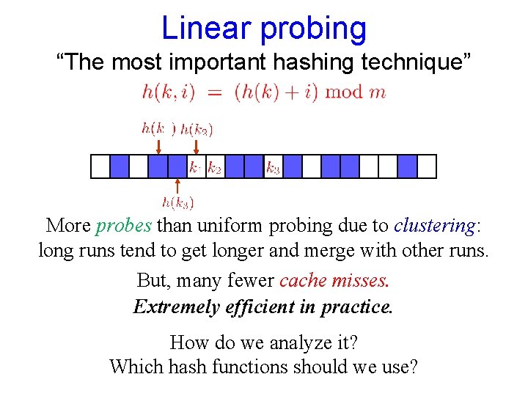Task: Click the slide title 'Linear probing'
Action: (263, 28)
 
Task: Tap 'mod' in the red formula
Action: (343, 92)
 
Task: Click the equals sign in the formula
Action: (213, 92)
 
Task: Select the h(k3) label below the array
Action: (177, 202)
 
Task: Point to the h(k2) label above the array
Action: (197, 131)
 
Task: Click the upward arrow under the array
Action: (177, 186)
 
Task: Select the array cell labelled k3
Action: (273, 167)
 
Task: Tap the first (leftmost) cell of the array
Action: (100, 167)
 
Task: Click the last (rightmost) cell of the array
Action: (427, 167)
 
